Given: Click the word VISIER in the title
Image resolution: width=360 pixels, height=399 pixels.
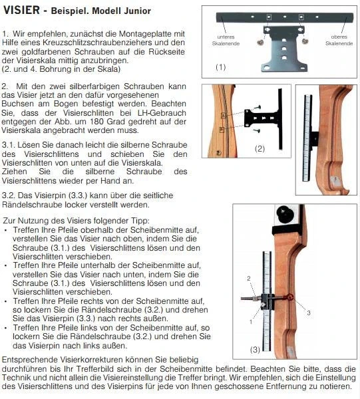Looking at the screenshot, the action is click(21, 11).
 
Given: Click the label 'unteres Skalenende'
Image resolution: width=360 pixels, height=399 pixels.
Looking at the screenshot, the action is click(227, 40).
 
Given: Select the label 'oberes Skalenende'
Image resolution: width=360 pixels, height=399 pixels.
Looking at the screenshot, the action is click(337, 40).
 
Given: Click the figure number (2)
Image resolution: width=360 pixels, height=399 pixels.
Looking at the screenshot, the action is click(260, 148).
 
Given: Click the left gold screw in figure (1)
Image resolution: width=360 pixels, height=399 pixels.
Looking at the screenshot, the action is click(262, 41).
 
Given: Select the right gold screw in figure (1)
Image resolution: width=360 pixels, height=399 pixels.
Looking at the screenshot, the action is click(305, 41).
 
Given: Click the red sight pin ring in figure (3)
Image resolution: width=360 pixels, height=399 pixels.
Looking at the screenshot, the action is click(289, 298).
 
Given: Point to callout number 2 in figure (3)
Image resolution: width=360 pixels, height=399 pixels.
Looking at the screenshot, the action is click(249, 277).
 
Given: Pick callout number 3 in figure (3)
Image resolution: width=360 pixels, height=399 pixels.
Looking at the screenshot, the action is click(308, 311).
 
